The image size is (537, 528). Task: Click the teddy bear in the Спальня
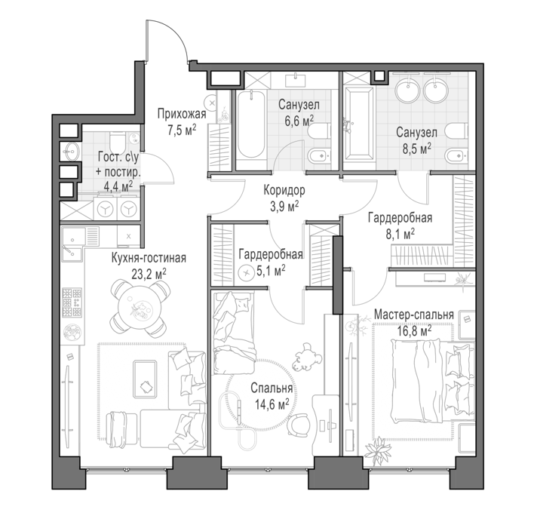pyautogui.click(x=307, y=358)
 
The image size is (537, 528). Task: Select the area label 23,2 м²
pyautogui.click(x=149, y=273)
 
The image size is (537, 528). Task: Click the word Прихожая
pyautogui.click(x=182, y=114)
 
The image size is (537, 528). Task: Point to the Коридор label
pyautogui.click(x=284, y=190)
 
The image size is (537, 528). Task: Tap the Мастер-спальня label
pyautogui.click(x=414, y=315)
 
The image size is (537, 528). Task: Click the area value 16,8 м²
pyautogui.click(x=414, y=331)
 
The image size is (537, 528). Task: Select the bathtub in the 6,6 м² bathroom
pyautogui.click(x=251, y=125)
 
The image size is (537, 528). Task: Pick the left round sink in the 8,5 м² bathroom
pyautogui.click(x=407, y=89)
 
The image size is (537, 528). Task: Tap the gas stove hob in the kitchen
pyautogui.click(x=72, y=302)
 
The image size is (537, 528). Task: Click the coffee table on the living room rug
pyautogui.click(x=145, y=379)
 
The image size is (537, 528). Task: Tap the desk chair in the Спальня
pyautogui.click(x=299, y=424)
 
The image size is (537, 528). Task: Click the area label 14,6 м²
pyautogui.click(x=272, y=405)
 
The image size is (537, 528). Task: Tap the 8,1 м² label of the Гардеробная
pyautogui.click(x=400, y=235)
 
